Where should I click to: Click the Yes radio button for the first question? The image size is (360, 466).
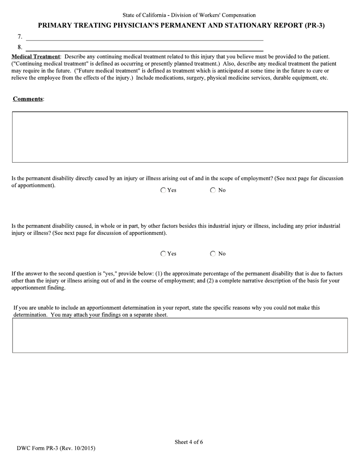pos(163,190)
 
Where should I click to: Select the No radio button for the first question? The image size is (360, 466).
pos(213,190)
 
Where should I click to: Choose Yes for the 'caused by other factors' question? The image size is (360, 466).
pos(163,254)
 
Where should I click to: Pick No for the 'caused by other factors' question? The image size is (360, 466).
pos(213,254)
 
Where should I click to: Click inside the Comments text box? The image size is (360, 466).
pos(180,137)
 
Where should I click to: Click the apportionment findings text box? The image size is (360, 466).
pos(180,336)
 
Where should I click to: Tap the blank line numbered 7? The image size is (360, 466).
pos(144,37)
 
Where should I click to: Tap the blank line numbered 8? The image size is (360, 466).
pos(144,48)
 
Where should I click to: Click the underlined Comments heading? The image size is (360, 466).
pos(28,99)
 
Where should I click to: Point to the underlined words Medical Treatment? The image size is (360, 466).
pos(36,56)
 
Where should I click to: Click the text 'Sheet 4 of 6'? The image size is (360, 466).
pos(189,442)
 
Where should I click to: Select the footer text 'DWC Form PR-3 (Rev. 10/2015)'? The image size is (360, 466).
pos(56,448)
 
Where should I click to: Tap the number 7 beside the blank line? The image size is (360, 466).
pos(20,37)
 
